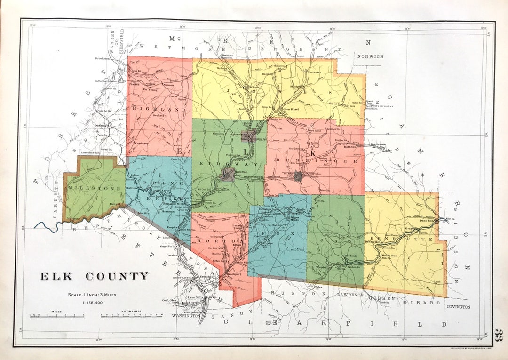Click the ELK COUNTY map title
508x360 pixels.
click(94, 276)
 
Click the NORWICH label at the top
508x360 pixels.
click(370, 56)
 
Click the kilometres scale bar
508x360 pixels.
click(131, 316)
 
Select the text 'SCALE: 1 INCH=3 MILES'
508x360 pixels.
click(92, 295)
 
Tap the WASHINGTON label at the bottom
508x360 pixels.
click(186, 316)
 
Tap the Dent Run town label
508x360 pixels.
click(426, 220)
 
